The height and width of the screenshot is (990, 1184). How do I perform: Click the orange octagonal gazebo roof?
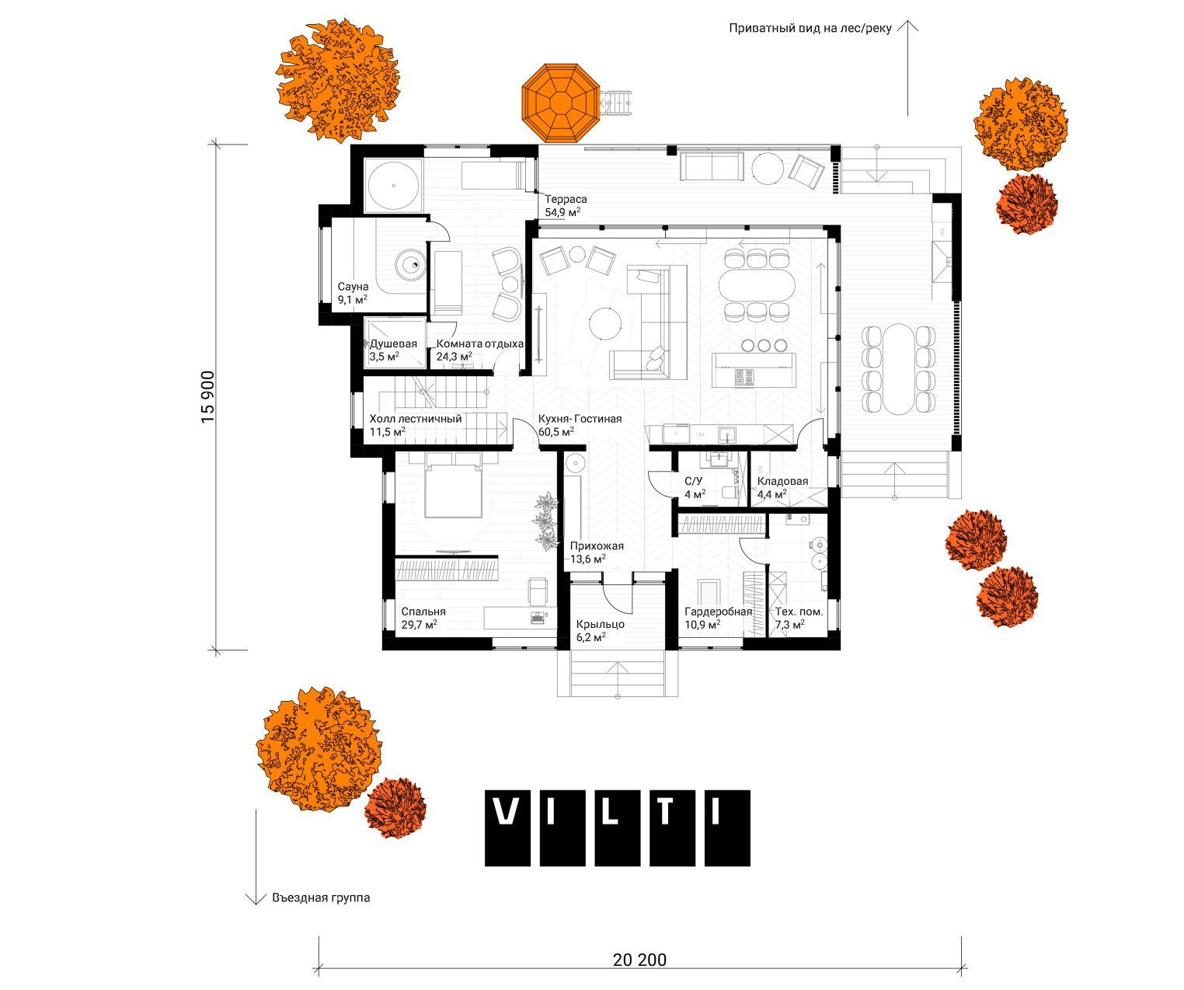coord(560,103)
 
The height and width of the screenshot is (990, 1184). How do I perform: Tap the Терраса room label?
coord(566,199)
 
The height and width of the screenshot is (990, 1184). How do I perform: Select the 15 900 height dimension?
coord(208,396)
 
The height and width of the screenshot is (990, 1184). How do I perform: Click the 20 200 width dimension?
coord(639,960)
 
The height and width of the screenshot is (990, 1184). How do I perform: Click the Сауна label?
coord(353,287)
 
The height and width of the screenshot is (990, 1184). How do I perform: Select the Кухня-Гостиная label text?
coord(580,419)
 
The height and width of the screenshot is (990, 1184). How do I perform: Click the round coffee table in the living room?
coord(605,322)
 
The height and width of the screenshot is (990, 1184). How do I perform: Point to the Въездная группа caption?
coord(321,898)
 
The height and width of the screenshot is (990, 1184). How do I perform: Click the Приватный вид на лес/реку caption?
coord(810,28)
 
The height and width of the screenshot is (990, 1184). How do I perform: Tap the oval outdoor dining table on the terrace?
coord(898,369)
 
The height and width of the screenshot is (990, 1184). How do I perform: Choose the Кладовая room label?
coord(782,481)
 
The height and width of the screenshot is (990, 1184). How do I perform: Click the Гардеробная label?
coord(718,612)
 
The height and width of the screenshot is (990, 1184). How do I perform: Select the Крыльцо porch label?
coord(600,624)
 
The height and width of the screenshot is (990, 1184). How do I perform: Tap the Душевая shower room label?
coord(393,343)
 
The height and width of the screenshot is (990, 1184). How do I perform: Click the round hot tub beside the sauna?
coord(394,186)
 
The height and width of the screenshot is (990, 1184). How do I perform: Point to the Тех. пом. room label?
coord(799,612)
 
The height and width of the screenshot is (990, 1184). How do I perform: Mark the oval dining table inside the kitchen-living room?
coord(757,285)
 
